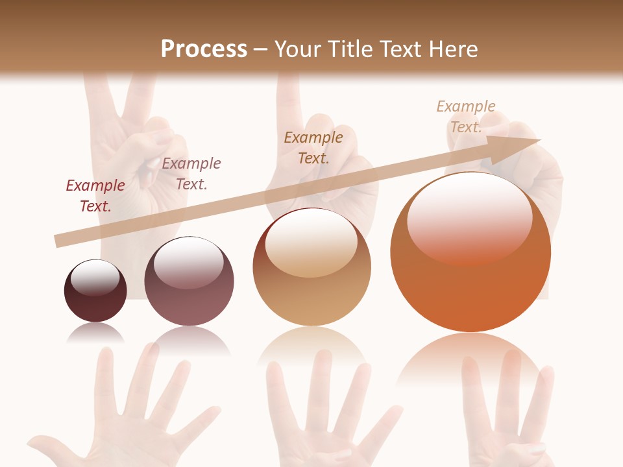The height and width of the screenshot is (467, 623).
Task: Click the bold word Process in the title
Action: (204, 49)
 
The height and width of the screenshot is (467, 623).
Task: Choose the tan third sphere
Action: (312, 298)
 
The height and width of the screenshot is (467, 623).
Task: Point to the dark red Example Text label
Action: (95, 196)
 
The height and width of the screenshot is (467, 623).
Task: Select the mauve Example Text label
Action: (191, 174)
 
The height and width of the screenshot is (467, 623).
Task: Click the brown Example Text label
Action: (313, 147)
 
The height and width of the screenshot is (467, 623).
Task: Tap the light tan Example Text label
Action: (465, 117)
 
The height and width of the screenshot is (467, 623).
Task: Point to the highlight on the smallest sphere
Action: (95, 277)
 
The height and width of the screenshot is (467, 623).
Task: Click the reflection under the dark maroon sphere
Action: (95, 331)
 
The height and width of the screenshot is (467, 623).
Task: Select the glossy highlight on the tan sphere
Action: (311, 244)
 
